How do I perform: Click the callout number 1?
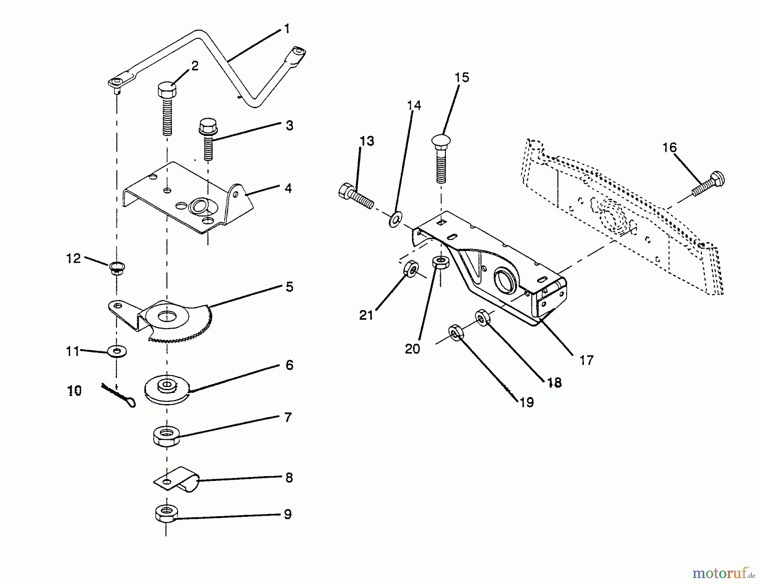(x=287, y=29)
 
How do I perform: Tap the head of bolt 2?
(x=167, y=89)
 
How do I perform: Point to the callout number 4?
(x=288, y=188)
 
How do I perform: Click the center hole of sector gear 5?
(x=168, y=316)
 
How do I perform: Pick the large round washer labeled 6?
(x=168, y=389)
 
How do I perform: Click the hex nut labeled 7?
(x=166, y=435)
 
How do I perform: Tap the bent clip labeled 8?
(x=177, y=479)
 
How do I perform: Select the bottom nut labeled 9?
(x=166, y=513)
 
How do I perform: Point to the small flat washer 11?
(x=117, y=350)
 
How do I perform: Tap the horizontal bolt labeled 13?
(x=356, y=196)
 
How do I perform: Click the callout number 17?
(x=586, y=360)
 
